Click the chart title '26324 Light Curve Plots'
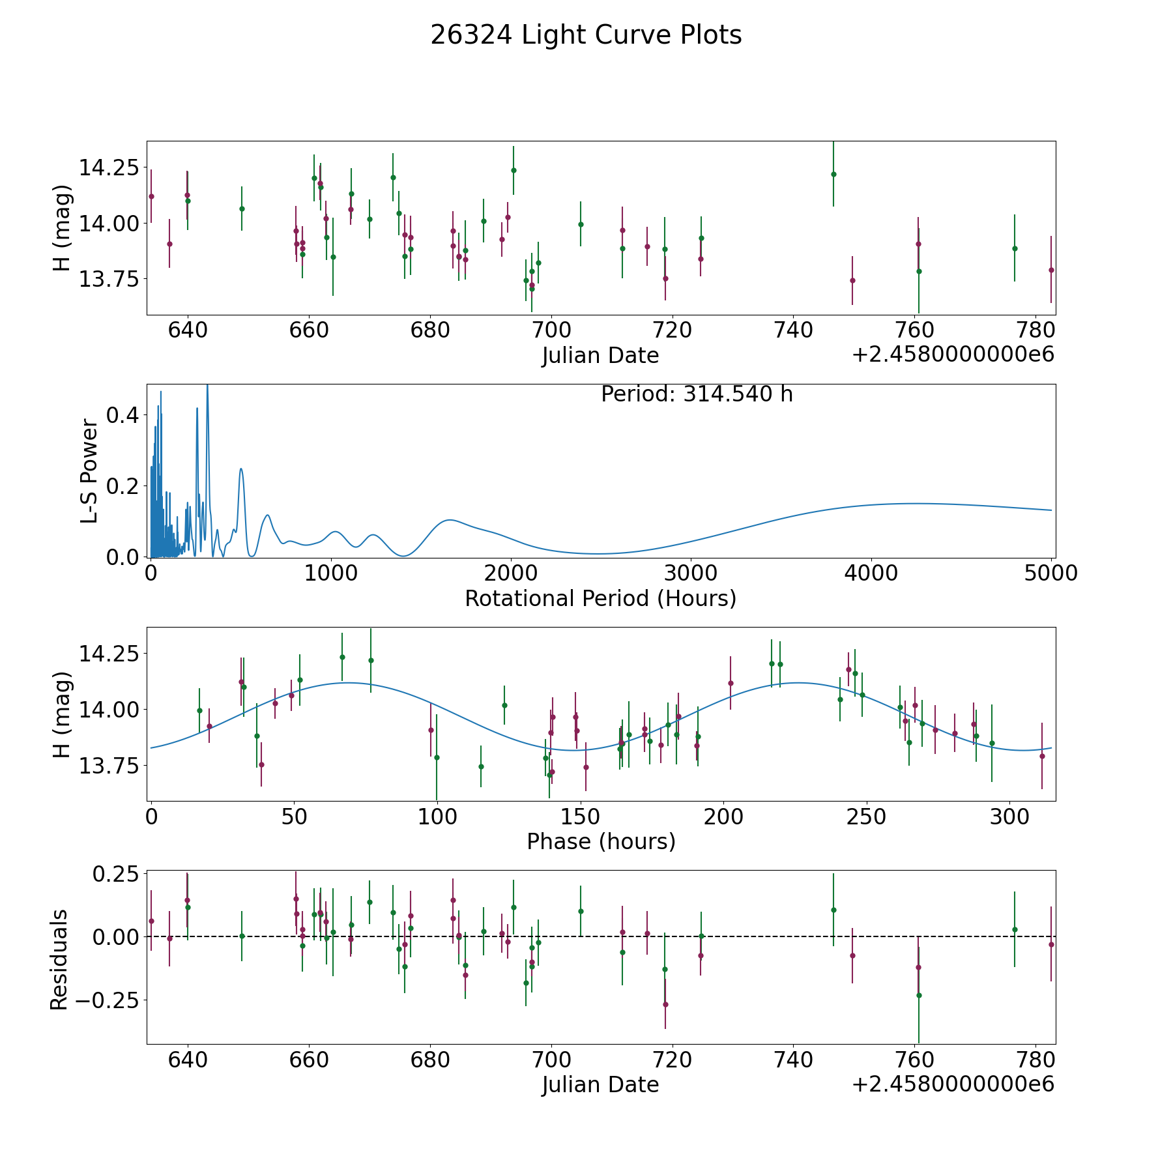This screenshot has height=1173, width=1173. (x=586, y=35)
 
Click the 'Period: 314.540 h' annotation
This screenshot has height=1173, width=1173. (x=697, y=394)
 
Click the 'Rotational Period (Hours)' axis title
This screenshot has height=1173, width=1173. (x=600, y=598)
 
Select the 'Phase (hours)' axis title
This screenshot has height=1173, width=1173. (x=601, y=841)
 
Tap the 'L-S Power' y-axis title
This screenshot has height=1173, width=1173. (x=90, y=471)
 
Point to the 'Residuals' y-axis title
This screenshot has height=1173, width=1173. (x=59, y=959)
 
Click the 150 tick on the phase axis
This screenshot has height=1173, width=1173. (x=580, y=817)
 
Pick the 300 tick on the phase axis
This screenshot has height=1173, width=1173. (x=1009, y=817)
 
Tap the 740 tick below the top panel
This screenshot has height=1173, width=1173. (x=793, y=330)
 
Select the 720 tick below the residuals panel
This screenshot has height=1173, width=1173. (x=672, y=1060)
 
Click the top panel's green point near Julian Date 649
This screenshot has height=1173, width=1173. (x=242, y=209)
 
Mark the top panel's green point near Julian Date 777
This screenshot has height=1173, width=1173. (x=1015, y=248)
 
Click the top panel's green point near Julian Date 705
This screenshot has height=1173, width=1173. (x=581, y=224)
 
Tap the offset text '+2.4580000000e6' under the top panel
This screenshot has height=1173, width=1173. (x=953, y=355)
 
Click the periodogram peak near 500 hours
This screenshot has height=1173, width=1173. (x=241, y=469)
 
